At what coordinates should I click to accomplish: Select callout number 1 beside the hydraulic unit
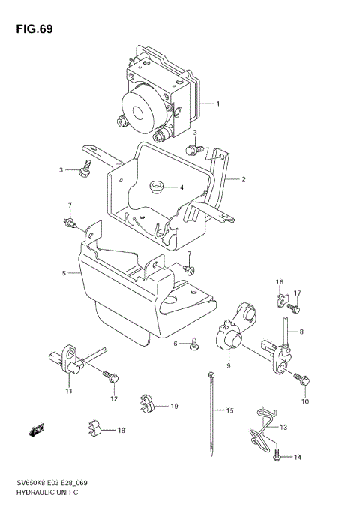pos(218,103)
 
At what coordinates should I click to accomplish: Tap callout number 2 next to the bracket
pos(243,180)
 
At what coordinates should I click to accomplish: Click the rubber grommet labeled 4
pos(157,186)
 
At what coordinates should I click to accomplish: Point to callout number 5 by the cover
pos(64,274)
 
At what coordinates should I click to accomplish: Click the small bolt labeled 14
pos(278,452)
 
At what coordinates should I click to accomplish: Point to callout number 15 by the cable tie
pos(230,411)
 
